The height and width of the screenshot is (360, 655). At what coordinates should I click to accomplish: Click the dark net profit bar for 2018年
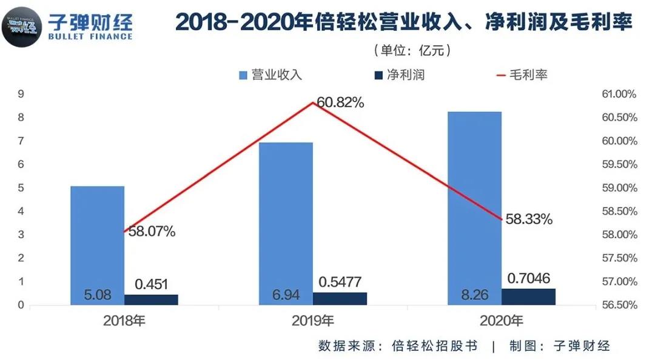point(151,299)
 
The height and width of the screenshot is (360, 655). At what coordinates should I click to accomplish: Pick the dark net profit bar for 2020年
point(528,296)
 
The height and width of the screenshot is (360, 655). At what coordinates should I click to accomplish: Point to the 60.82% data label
point(340,103)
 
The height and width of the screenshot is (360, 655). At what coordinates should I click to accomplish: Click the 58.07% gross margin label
point(152,231)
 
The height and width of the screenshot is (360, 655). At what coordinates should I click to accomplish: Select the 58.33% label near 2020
point(529,219)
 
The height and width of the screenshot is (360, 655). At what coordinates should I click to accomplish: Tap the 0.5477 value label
point(340,283)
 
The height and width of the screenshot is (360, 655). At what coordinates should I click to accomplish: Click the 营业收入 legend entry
point(270,75)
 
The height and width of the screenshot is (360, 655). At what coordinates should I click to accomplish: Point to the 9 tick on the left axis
point(21,94)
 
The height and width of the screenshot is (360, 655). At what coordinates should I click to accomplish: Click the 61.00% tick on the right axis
point(617,94)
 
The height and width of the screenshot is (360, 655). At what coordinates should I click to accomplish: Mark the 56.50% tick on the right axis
point(617,305)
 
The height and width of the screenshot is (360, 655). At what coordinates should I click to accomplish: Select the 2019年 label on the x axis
point(312,321)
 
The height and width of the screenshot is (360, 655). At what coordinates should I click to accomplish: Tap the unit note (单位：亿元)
point(413,50)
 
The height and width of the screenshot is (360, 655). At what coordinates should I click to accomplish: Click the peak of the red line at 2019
point(312,102)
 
